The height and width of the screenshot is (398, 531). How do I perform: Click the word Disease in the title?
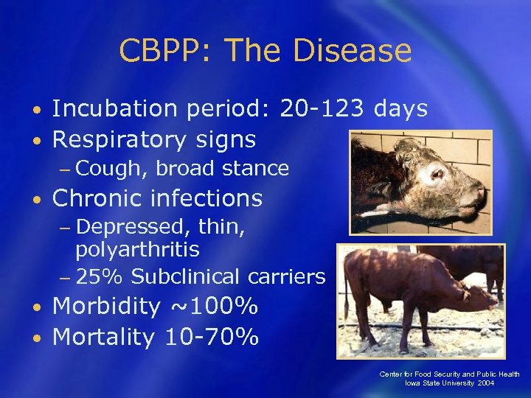[x=353, y=51]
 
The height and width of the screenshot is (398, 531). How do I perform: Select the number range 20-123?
[x=322, y=109]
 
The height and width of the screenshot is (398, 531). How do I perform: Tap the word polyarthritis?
[x=137, y=250]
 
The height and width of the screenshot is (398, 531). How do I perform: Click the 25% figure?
[x=100, y=277]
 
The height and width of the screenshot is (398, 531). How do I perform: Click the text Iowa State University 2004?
[x=449, y=383]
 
